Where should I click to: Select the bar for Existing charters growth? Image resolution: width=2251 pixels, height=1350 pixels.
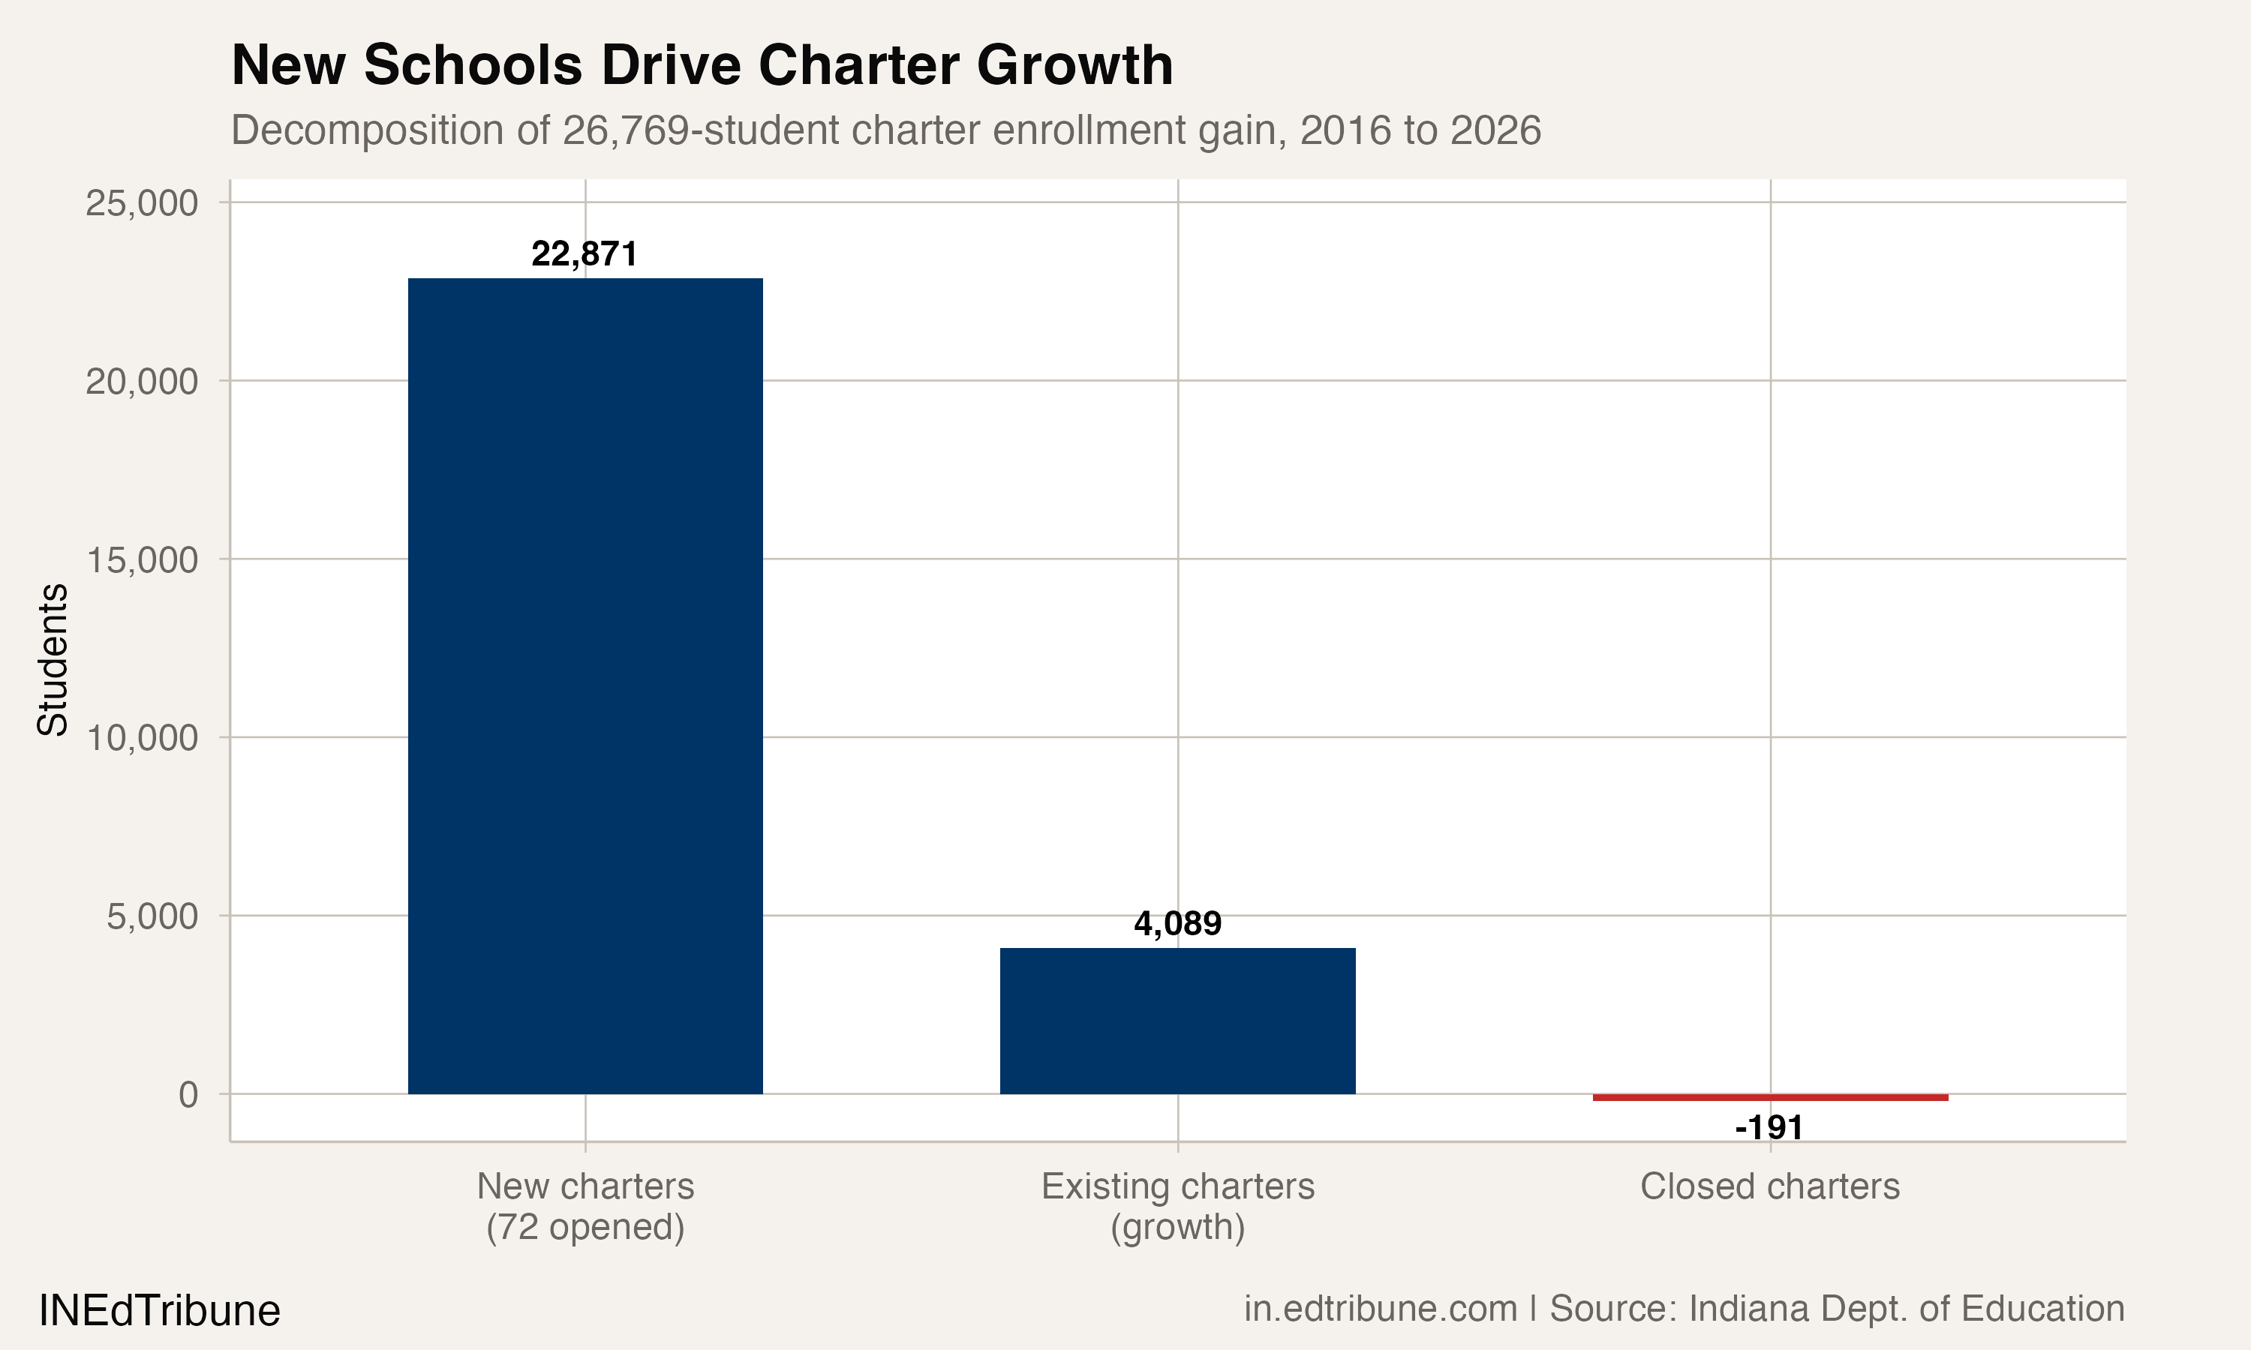click(1177, 1021)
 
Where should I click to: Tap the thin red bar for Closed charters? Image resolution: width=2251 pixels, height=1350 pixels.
click(1770, 1097)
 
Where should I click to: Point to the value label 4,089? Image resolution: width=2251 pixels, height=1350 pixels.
click(1177, 923)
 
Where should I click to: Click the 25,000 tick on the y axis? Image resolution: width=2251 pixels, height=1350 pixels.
click(141, 202)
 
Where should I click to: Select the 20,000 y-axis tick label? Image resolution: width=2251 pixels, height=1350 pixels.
click(141, 381)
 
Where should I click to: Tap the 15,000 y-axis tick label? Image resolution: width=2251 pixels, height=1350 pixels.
click(141, 559)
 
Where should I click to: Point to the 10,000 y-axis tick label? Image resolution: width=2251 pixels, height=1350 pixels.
click(141, 738)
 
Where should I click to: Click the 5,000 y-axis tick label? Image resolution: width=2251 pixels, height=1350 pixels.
click(152, 916)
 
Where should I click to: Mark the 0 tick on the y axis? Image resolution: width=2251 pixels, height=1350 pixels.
click(188, 1094)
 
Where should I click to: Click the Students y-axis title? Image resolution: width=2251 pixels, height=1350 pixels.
click(53, 659)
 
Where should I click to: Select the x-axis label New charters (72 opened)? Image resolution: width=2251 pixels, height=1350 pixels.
click(585, 1206)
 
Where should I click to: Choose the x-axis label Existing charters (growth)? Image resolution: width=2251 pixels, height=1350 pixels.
click(1177, 1206)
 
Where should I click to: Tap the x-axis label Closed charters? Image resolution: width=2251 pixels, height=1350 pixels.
click(1770, 1186)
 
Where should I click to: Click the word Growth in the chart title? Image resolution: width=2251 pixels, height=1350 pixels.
click(1074, 65)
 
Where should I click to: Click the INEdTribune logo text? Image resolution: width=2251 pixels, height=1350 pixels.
click(159, 1311)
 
